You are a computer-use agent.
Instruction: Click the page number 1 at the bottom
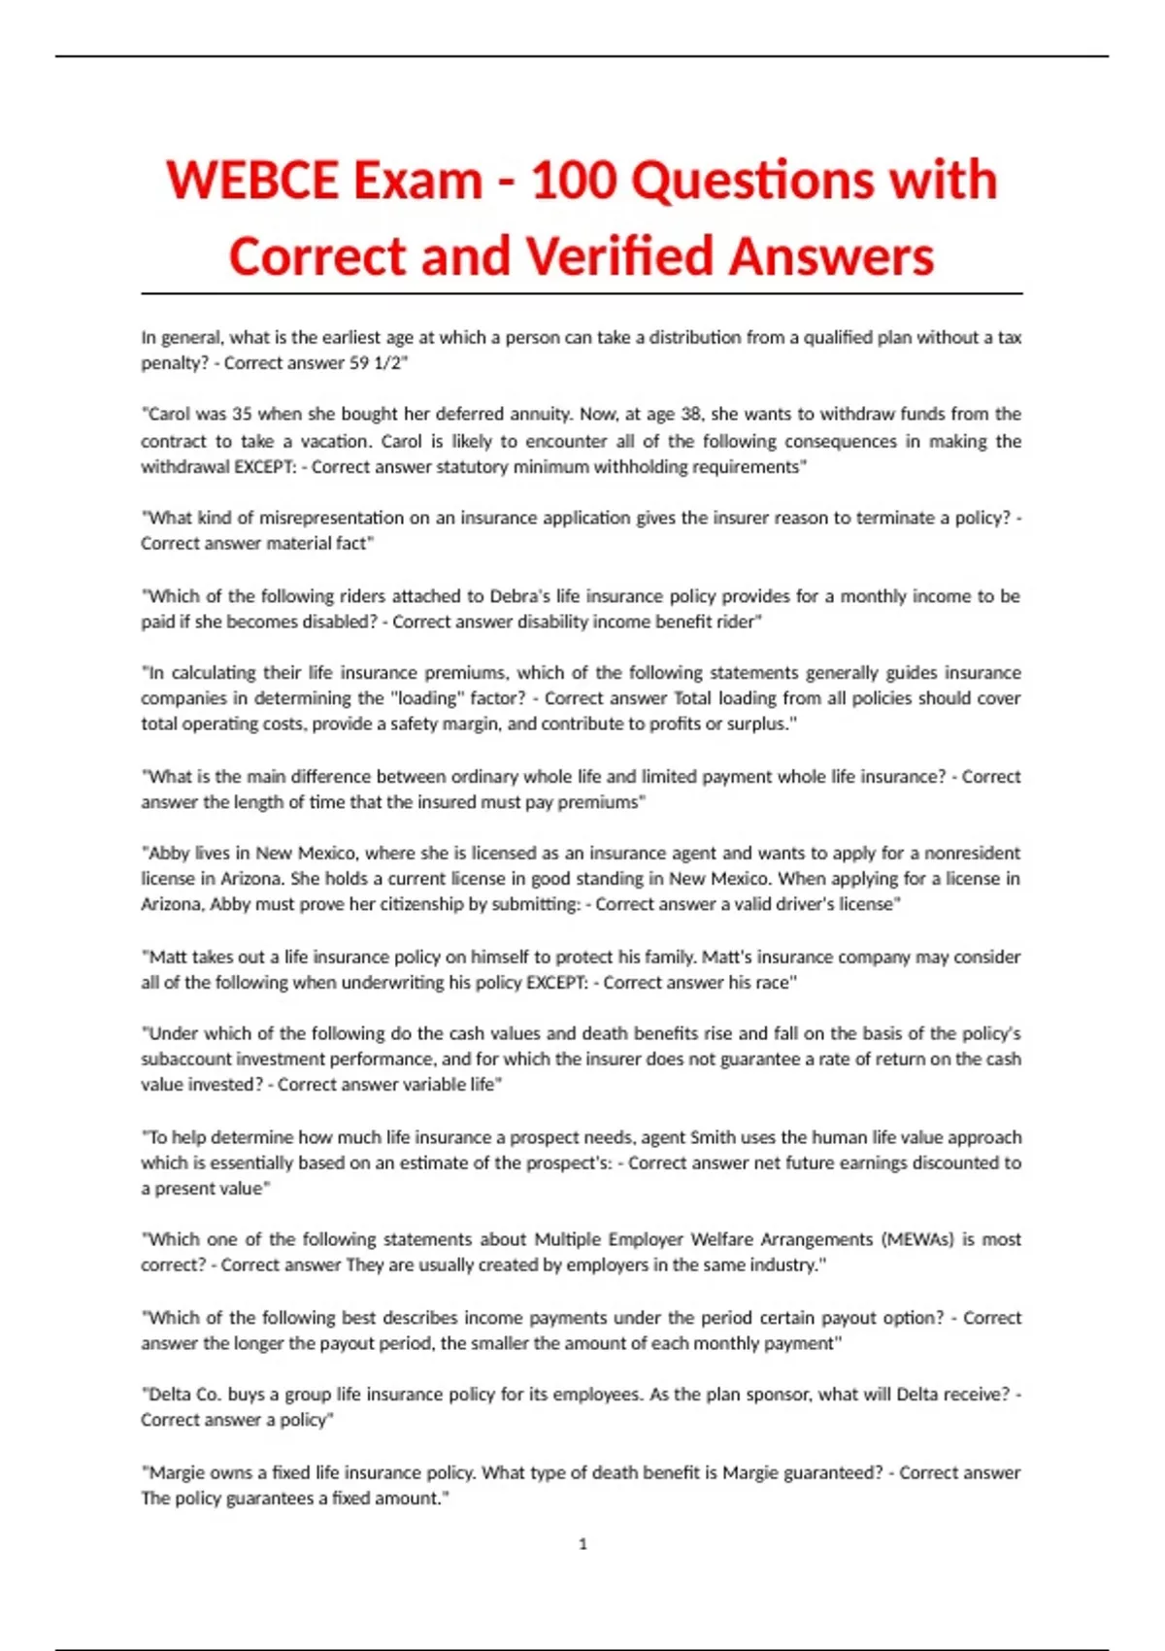[582, 1544]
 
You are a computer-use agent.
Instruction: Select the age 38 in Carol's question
[690, 415]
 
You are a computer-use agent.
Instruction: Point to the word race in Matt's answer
[773, 983]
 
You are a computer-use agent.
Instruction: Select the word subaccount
[186, 1060]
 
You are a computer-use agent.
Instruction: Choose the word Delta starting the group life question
[170, 1395]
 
